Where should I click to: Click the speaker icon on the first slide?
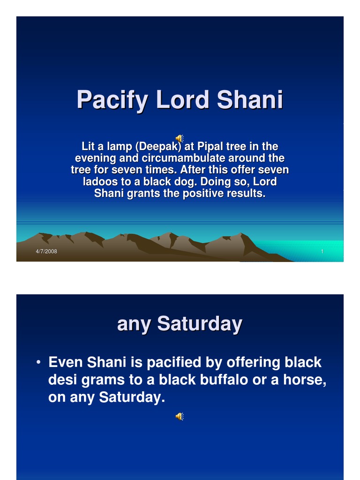point(180,138)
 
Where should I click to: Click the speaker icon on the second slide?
point(180,416)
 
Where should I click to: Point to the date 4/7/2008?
point(46,252)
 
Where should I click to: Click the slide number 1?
point(322,252)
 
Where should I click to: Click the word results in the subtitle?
point(247,194)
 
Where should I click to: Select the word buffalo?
point(225,380)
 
